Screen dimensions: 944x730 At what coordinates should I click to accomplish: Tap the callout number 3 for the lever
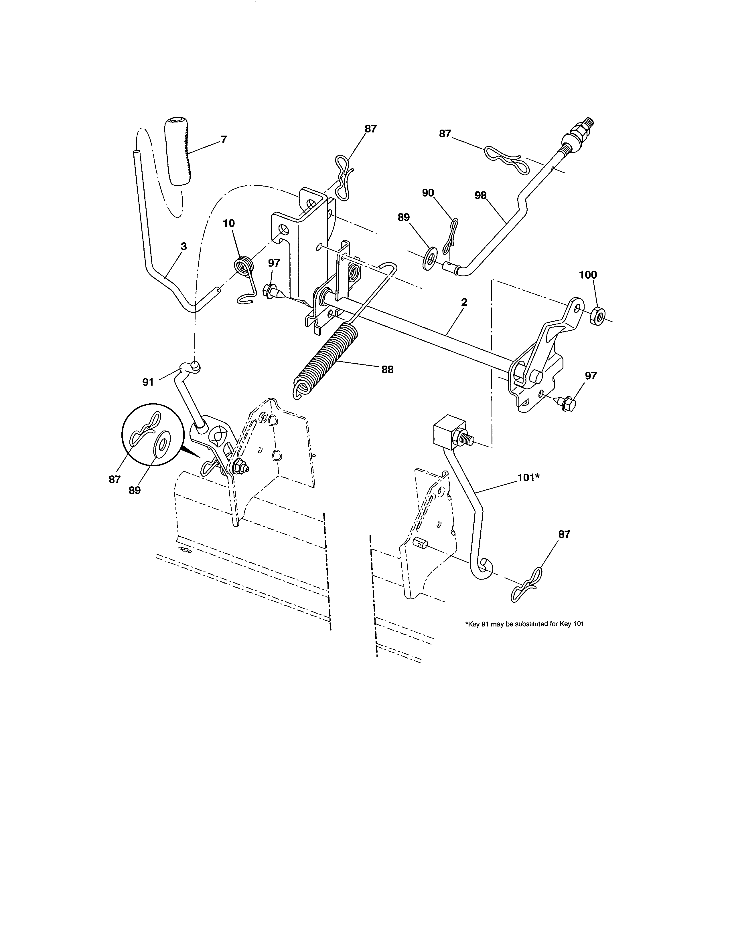pos(184,246)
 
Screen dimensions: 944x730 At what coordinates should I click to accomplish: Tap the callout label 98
pos(480,195)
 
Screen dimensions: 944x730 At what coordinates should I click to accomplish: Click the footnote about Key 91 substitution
pos(524,624)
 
